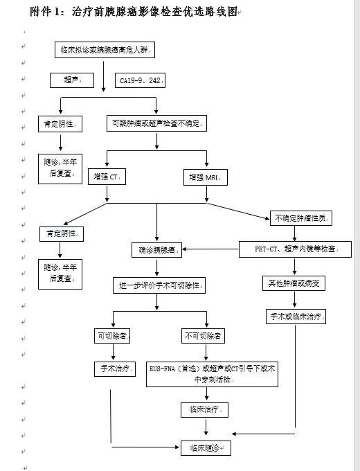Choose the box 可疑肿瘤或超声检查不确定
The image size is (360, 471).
click(x=157, y=123)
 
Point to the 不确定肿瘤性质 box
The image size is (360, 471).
click(x=301, y=218)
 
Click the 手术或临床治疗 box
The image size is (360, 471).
click(x=296, y=317)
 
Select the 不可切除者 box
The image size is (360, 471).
click(x=203, y=336)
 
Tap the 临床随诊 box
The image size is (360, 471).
click(x=205, y=447)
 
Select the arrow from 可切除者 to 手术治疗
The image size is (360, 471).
click(x=111, y=353)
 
